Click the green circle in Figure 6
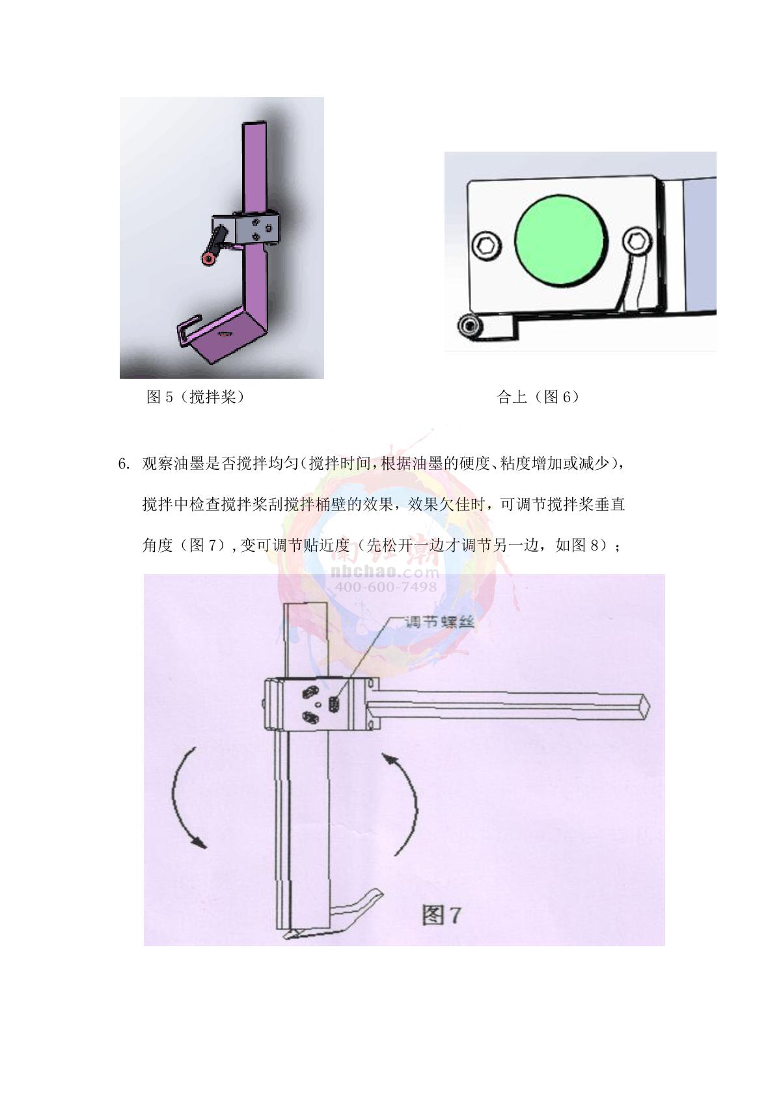[x=561, y=240]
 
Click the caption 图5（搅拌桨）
[x=195, y=396]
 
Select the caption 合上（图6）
[x=538, y=396]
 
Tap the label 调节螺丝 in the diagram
[x=439, y=622]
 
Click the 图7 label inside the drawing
[x=441, y=916]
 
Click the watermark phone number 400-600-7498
[x=386, y=586]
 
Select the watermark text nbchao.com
[x=386, y=572]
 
